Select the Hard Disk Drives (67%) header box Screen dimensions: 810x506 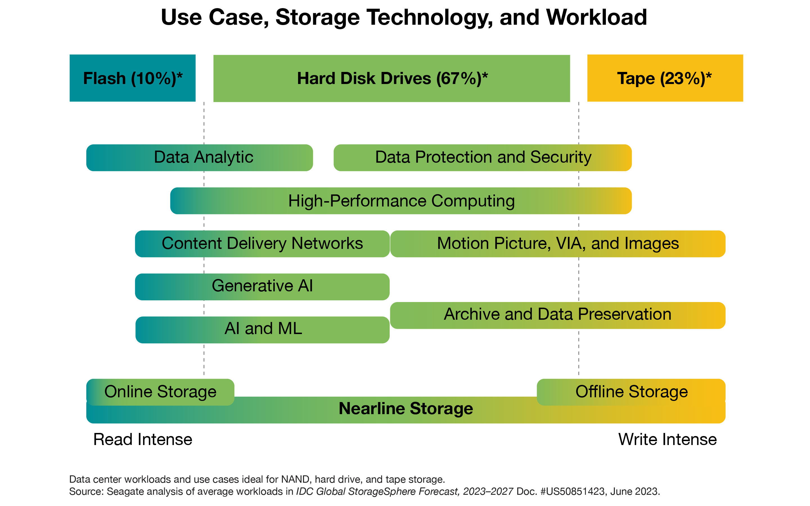(x=391, y=78)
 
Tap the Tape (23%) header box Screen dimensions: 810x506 (x=665, y=78)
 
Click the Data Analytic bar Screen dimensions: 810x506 (x=200, y=158)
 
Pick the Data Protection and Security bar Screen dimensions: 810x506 (x=482, y=158)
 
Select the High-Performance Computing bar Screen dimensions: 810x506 (x=401, y=201)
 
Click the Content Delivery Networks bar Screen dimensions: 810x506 (x=262, y=244)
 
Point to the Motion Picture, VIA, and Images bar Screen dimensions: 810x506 (x=558, y=244)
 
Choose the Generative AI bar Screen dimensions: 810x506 (x=262, y=287)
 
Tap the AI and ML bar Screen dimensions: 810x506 (x=263, y=330)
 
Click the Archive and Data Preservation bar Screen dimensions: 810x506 (x=558, y=316)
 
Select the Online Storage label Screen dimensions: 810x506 (x=160, y=392)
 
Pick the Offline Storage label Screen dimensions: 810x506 (x=631, y=392)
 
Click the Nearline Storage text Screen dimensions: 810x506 (x=406, y=409)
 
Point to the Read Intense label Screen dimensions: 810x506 (x=143, y=439)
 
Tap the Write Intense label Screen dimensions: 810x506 (x=667, y=439)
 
